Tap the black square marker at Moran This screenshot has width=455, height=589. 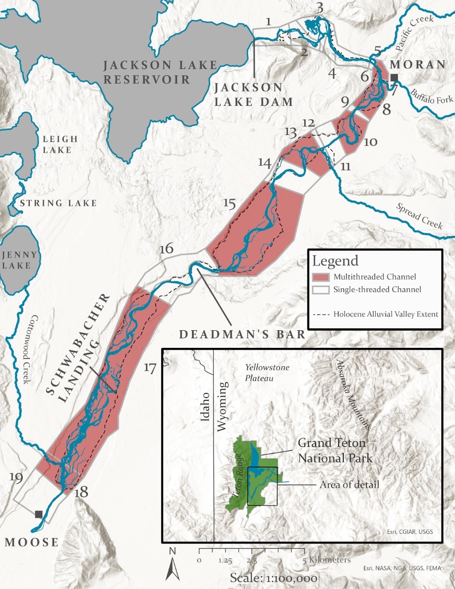tap(394, 78)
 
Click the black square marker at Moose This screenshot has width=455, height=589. tap(38, 514)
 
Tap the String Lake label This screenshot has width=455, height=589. tap(58, 203)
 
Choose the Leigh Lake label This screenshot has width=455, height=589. tap(60, 144)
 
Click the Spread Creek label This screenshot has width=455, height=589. tap(420, 216)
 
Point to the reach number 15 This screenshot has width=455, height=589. tap(229, 203)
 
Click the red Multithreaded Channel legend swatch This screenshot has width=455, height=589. tap(321, 277)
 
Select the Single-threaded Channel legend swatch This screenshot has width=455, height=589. tap(321, 290)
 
